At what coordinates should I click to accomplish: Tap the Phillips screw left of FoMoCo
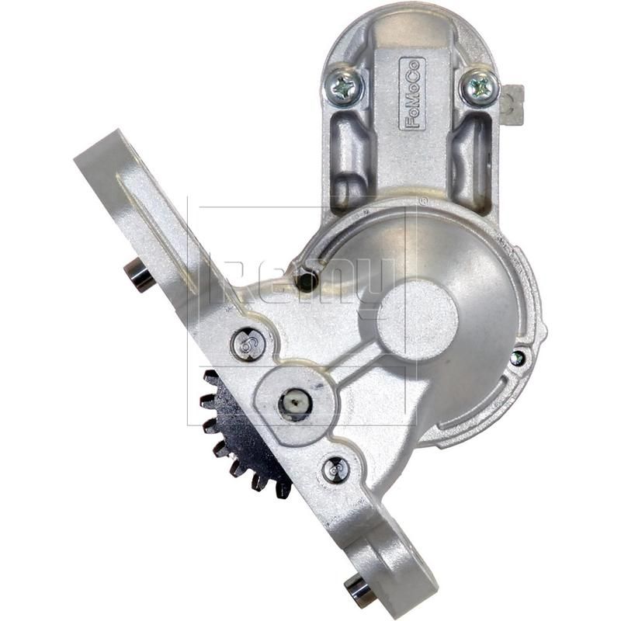tap(346, 86)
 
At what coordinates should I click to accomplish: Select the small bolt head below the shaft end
tap(335, 469)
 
